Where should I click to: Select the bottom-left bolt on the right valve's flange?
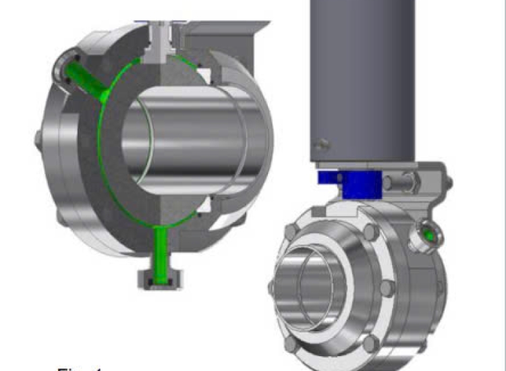pyautogui.click(x=291, y=343)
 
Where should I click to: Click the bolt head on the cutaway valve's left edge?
pyautogui.click(x=38, y=142)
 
